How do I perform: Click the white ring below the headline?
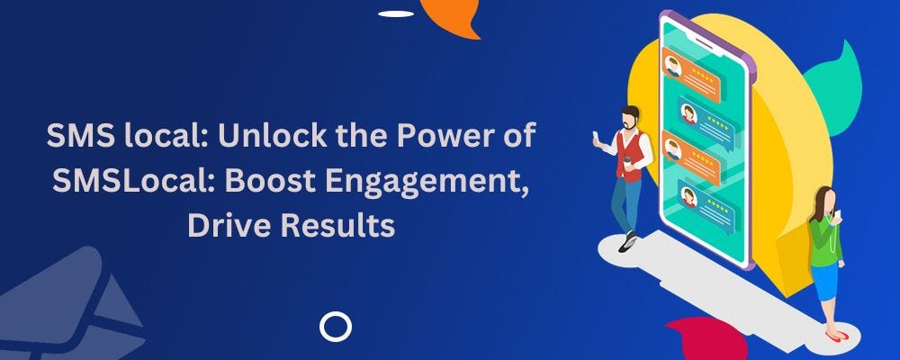(335, 326)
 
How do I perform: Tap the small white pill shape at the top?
(396, 13)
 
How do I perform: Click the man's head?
(631, 118)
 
